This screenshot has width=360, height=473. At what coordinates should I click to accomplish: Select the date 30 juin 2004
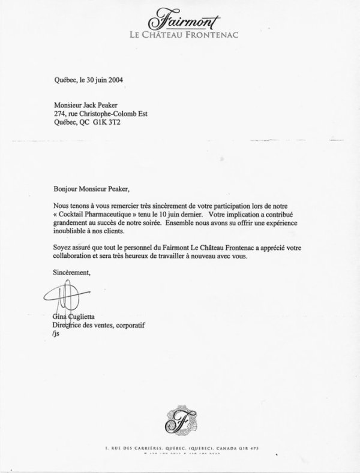pyautogui.click(x=98, y=79)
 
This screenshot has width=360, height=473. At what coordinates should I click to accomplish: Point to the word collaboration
pyautogui.click(x=68, y=258)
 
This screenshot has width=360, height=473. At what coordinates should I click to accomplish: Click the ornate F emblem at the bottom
pyautogui.click(x=180, y=420)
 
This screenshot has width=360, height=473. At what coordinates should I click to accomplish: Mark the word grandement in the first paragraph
pyautogui.click(x=68, y=223)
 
